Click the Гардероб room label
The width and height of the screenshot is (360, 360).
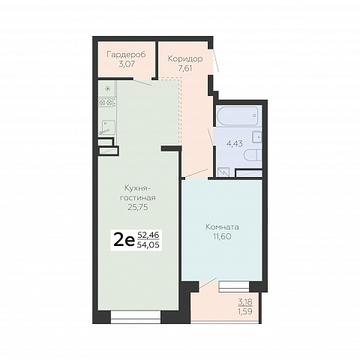126,55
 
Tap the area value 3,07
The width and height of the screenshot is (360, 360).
127,64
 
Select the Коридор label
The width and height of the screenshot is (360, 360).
185,59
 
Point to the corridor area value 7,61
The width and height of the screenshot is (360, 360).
185,68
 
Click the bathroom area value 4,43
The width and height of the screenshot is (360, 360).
235,144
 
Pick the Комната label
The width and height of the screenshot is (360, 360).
222,226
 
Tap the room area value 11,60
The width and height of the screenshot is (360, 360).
222,236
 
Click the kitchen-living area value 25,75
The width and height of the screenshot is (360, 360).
138,207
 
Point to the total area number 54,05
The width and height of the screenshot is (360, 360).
148,245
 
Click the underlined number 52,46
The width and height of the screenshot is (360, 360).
148,235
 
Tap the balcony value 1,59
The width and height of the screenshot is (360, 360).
245,312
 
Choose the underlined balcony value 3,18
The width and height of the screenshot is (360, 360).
245,302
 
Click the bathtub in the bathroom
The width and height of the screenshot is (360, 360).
238,116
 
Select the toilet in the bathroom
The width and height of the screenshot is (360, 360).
253,155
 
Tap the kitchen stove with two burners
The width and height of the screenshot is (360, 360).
106,103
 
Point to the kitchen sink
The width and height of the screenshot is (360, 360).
108,127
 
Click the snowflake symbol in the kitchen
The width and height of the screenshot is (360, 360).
108,88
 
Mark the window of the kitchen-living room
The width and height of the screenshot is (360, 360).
136,317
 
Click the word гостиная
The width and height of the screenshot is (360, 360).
138,198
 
